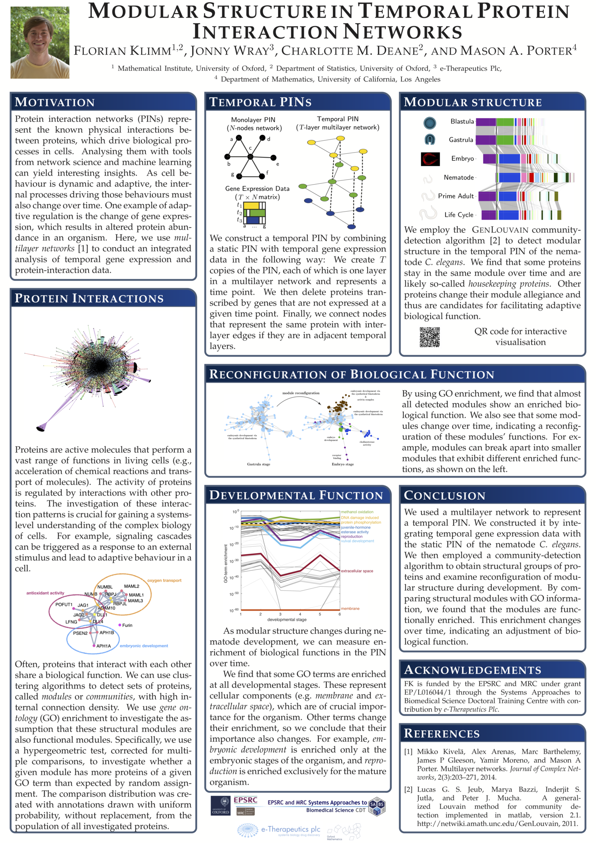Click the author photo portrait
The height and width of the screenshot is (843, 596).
pos(40,42)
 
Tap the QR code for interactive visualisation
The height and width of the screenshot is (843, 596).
pos(430,337)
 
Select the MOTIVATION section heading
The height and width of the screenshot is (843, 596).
pos(55,102)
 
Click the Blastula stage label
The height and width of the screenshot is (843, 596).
pos(462,121)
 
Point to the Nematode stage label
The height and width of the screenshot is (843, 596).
pos(459,177)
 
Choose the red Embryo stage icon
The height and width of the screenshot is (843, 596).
pos(430,159)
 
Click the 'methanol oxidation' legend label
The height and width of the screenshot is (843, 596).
pos(357,512)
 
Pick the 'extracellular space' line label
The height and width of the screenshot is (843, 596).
pos(357,571)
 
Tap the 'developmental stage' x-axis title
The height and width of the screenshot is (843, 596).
pos(287,620)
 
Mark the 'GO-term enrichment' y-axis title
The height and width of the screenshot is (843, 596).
pos(226,564)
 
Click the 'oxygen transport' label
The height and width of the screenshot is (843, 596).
pos(164,580)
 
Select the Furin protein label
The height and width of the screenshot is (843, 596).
pos(127,625)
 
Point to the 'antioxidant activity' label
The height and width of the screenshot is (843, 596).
pos(45,593)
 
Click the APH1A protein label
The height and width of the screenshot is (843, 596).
pos(104,646)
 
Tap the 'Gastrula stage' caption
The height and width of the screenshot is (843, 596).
pos(259,464)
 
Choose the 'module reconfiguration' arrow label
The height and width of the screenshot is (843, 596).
pos(301,393)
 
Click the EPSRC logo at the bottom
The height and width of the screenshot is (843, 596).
pos(246,800)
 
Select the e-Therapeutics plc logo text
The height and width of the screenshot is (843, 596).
pos(291,829)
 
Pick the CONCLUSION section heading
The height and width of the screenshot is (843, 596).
pos(445,496)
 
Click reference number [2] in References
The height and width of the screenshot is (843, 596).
pos(408,789)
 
